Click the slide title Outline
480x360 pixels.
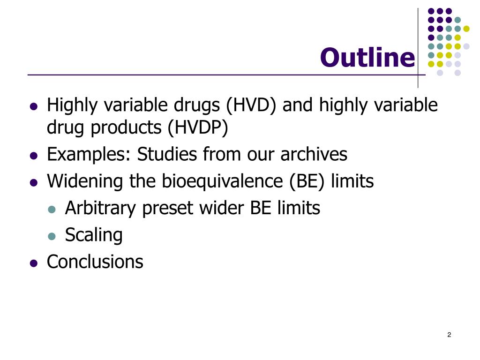(x=367, y=58)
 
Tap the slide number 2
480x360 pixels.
(x=449, y=335)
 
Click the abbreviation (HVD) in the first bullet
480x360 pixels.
(x=252, y=105)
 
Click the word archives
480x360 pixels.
(x=314, y=154)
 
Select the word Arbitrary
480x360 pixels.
(x=100, y=208)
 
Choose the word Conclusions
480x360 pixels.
(x=95, y=262)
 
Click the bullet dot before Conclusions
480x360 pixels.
(x=33, y=263)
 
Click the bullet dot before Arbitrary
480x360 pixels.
(x=52, y=210)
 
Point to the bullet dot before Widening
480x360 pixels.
(x=33, y=183)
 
